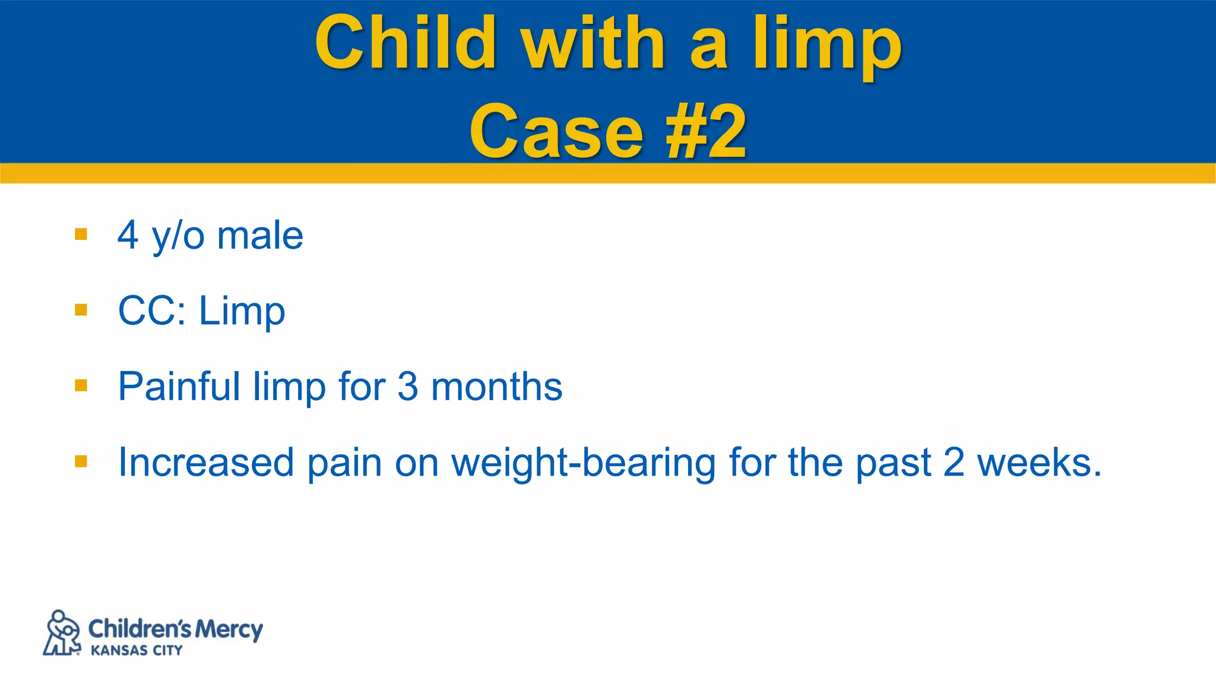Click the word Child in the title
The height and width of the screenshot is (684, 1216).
coord(406,43)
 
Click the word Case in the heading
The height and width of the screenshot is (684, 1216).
coord(556,132)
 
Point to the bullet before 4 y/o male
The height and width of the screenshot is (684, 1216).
coord(81,234)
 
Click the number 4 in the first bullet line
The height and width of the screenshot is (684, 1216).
coord(128,235)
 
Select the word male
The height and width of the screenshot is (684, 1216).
coord(260,236)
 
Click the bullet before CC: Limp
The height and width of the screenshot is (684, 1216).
coord(81,310)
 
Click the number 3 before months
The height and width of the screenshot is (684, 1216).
coord(408,387)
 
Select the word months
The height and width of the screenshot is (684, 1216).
coord(496,387)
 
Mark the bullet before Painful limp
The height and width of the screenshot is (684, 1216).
coord(81,386)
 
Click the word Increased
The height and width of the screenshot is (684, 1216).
coord(206,462)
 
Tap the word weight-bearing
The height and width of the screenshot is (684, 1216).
coord(583,463)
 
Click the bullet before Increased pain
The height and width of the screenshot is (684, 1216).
coord(81,461)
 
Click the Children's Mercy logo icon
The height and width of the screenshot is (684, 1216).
coord(62,633)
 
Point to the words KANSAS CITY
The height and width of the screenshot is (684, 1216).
coord(137,651)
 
